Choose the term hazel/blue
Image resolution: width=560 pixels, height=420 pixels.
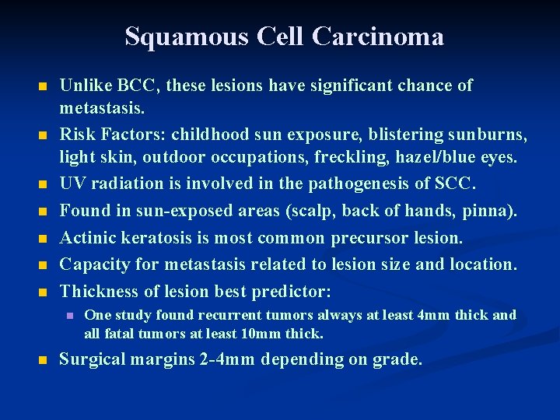436,157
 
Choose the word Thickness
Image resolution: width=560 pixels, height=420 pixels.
98,292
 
